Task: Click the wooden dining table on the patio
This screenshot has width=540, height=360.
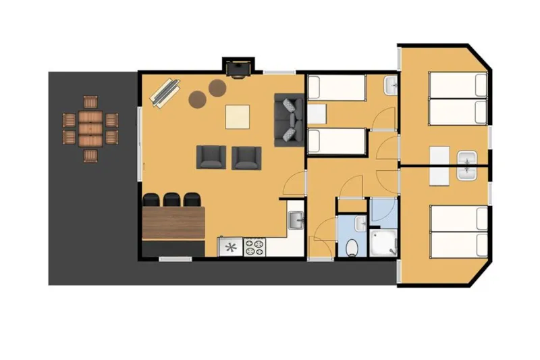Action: [x=90, y=128]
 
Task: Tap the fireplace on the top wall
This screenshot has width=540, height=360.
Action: [x=239, y=68]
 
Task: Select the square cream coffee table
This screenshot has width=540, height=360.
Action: [x=237, y=117]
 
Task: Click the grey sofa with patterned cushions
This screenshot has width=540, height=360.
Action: [x=288, y=120]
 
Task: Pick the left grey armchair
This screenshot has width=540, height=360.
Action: [x=211, y=157]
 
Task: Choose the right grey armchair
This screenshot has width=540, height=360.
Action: [x=246, y=157]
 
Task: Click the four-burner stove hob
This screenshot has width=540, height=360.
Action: [x=256, y=247]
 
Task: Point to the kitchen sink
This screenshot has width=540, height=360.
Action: [x=296, y=220]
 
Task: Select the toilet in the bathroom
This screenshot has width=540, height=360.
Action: [x=351, y=247]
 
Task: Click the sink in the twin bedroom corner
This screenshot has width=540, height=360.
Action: [x=391, y=86]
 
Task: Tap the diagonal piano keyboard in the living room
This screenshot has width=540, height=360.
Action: [x=165, y=93]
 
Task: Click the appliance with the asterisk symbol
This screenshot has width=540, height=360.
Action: [x=230, y=247]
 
